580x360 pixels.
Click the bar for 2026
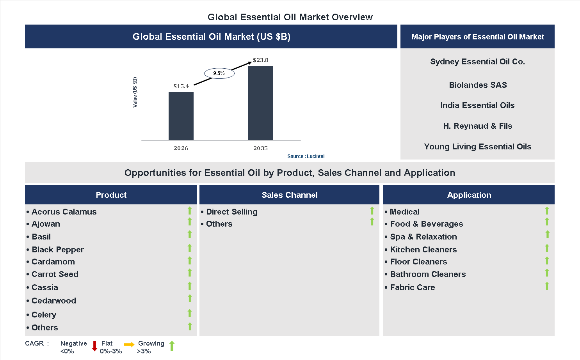(x=181, y=116)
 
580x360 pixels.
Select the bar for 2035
(x=260, y=103)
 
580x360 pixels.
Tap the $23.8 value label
(x=260, y=60)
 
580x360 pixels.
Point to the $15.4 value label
(x=181, y=86)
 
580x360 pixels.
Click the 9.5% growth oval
(x=219, y=73)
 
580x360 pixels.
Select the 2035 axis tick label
(x=260, y=148)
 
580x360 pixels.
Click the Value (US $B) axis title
(x=135, y=92)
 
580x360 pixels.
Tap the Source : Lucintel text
(x=306, y=156)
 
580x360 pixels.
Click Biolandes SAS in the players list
(x=477, y=85)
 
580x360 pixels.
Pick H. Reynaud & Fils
(x=477, y=126)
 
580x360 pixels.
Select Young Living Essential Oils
(x=477, y=147)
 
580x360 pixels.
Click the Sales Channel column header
(x=289, y=195)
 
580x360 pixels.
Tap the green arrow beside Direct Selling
(x=372, y=211)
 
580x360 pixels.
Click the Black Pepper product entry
(x=58, y=250)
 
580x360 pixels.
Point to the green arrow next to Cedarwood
(x=190, y=298)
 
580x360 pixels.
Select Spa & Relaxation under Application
(x=423, y=237)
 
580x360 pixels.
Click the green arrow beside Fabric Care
(x=547, y=286)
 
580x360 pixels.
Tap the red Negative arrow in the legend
(x=94, y=346)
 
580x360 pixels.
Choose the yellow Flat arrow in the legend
(x=129, y=344)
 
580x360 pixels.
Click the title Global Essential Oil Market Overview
(x=290, y=17)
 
